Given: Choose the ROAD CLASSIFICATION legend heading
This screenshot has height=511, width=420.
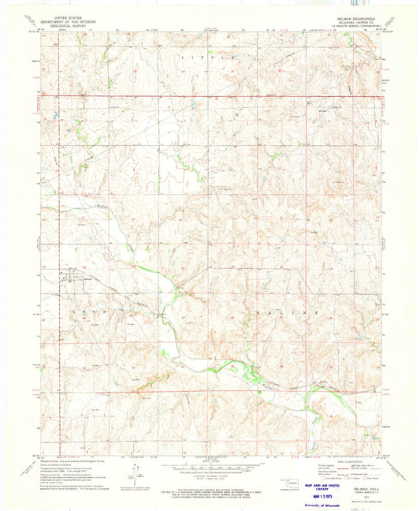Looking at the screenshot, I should coord(348,459).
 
